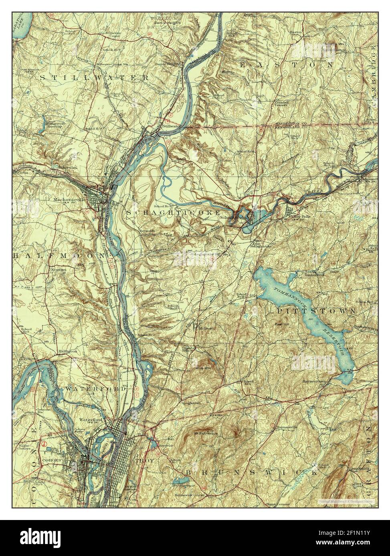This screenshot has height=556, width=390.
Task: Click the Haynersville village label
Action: coord(286,427)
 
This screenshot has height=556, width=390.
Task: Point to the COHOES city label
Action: coord(52,460)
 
